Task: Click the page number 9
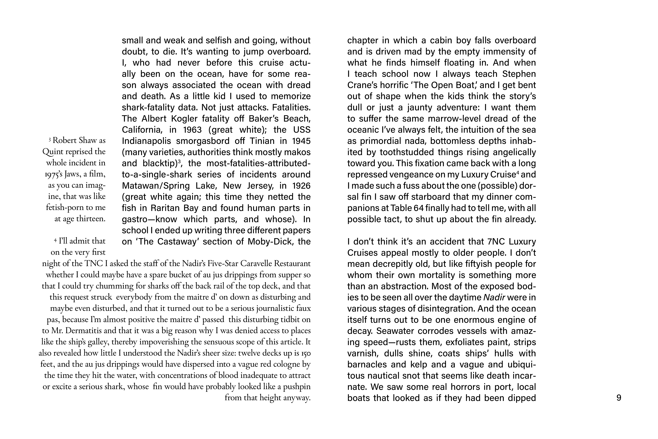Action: coord(619,398)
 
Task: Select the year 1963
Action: coord(193,130)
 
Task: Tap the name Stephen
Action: coord(519,74)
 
